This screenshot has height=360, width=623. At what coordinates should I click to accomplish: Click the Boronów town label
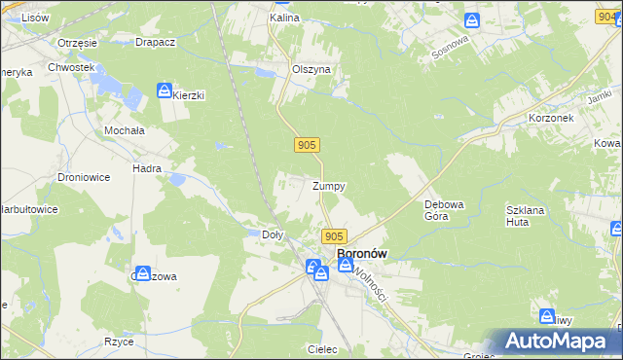tap(361, 254)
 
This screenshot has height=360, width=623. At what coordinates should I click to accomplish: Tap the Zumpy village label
tap(328, 186)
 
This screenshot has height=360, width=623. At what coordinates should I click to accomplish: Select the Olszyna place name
tap(311, 70)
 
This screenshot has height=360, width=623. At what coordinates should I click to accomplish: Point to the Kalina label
tap(284, 18)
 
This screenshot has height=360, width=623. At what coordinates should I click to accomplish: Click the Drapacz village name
tap(155, 44)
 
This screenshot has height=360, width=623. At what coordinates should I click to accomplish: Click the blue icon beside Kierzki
tap(165, 90)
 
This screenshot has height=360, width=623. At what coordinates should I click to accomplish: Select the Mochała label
tap(124, 129)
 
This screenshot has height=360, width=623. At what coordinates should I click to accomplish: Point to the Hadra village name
tap(147, 168)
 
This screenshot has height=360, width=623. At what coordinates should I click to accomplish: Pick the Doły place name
tap(274, 234)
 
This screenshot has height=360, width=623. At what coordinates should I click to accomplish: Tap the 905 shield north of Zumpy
tap(306, 145)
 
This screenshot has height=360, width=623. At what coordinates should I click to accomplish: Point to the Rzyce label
tap(118, 342)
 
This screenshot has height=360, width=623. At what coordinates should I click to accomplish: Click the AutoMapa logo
tap(556, 342)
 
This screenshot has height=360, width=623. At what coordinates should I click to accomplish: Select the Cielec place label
tap(321, 349)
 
